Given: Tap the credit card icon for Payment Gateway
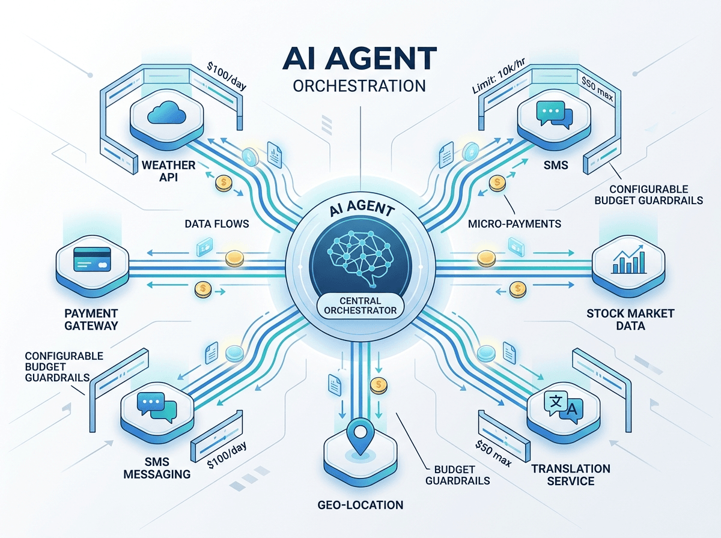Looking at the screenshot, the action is tap(93, 259).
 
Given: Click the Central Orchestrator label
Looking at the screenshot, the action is tap(360, 306).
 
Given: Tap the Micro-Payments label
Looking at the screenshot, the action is tap(514, 224).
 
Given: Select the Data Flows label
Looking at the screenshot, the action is tap(217, 224).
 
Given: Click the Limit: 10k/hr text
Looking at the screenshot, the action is tap(498, 76).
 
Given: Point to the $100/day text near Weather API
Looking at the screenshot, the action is tap(227, 76).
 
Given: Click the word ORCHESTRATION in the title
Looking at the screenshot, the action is tap(359, 86).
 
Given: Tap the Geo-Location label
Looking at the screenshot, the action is tap(360, 505).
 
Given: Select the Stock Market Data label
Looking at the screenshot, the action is tap(630, 319).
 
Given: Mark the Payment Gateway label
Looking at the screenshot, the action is tap(91, 319).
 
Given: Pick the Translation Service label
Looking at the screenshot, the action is tap(571, 474).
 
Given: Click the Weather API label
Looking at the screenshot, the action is tap(168, 171).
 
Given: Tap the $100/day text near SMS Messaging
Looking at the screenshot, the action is tap(227, 455).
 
